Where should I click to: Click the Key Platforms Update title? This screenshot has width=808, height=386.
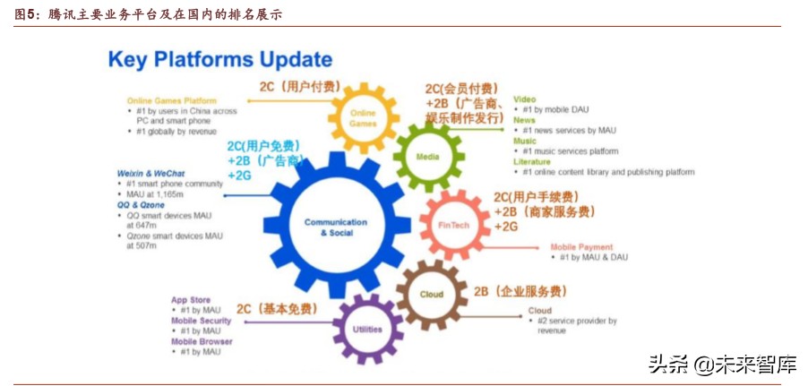pyautogui.click(x=219, y=60)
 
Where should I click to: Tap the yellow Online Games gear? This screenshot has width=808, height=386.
pyautogui.click(x=363, y=117)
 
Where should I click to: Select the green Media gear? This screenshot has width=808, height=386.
pyautogui.click(x=428, y=158)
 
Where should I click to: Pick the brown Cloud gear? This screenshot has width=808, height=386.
pyautogui.click(x=431, y=294)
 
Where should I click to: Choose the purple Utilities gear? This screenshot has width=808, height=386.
pyautogui.click(x=367, y=329)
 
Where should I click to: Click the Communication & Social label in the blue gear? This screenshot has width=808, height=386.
pyautogui.click(x=335, y=227)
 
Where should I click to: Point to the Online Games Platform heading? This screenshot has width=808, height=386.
pyautogui.click(x=172, y=100)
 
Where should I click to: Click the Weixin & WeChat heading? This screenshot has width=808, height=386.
pyautogui.click(x=150, y=173)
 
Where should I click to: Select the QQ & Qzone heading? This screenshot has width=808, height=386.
pyautogui.click(x=142, y=205)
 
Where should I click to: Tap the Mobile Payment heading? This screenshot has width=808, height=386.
pyautogui.click(x=581, y=247)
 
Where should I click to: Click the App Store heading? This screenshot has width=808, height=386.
pyautogui.click(x=191, y=299)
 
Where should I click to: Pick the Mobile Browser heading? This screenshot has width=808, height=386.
pyautogui.click(x=202, y=341)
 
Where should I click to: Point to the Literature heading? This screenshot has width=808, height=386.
pyautogui.click(x=532, y=161)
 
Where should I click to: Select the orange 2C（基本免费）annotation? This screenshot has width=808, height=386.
pyautogui.click(x=278, y=309)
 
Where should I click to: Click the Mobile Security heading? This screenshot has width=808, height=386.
pyautogui.click(x=202, y=321)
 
